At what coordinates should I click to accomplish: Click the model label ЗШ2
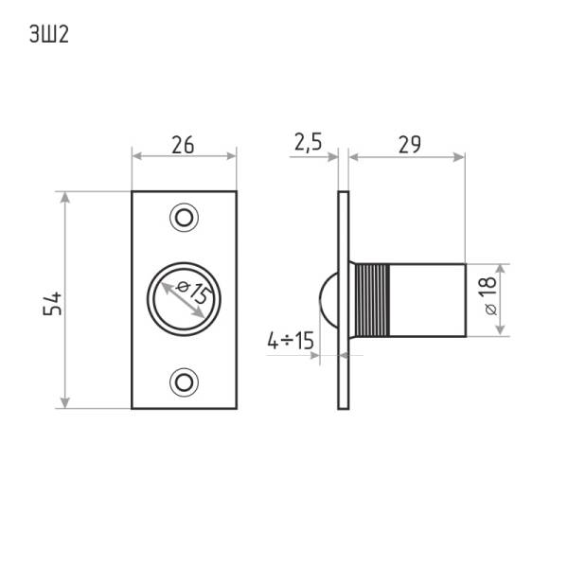pyautogui.click(x=49, y=35)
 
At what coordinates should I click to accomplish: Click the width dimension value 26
pyautogui.click(x=183, y=145)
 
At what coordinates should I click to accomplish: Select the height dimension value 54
pyautogui.click(x=52, y=304)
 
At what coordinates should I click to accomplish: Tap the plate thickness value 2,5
pyautogui.click(x=309, y=142)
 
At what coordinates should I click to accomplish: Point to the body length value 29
pyautogui.click(x=410, y=145)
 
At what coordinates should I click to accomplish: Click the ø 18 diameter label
pyautogui.click(x=490, y=295)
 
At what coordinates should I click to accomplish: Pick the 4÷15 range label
pyautogui.click(x=291, y=341)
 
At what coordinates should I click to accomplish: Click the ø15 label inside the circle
pyautogui.click(x=194, y=292)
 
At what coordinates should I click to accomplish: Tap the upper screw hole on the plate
pyautogui.click(x=184, y=218)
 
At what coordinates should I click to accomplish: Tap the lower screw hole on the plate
pyautogui.click(x=184, y=382)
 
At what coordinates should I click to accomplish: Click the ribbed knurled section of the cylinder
pyautogui.click(x=372, y=300)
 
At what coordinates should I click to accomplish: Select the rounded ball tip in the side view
pyautogui.click(x=328, y=300)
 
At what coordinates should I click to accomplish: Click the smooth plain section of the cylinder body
pyautogui.click(x=428, y=300)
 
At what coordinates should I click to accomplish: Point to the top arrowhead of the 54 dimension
pyautogui.click(x=64, y=198)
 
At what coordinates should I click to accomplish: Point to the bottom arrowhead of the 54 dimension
pyautogui.click(x=64, y=402)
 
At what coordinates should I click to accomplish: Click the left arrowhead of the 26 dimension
pyautogui.click(x=137, y=156)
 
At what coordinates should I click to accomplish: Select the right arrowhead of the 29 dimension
pyautogui.click(x=458, y=157)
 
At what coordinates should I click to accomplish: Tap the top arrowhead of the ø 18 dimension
pyautogui.click(x=500, y=270)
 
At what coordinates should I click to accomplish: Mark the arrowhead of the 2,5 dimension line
pyautogui.click(x=332, y=157)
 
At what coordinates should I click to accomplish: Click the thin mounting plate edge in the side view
pyautogui.click(x=344, y=300)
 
